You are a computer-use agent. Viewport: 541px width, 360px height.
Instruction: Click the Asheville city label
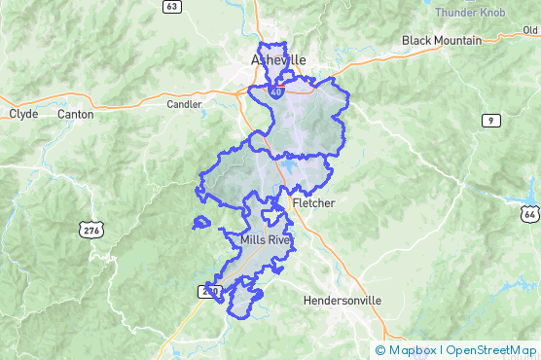[x=277, y=59]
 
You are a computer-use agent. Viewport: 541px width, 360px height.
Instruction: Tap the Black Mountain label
[x=442, y=40]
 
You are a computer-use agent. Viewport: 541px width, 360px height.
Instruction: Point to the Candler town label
[x=184, y=104]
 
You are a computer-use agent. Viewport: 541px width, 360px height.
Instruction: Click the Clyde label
[x=23, y=114]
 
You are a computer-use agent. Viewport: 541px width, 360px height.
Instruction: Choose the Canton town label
[x=76, y=114]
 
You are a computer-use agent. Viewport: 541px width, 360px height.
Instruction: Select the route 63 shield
[x=172, y=6]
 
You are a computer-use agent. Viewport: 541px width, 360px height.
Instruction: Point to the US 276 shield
[x=90, y=230]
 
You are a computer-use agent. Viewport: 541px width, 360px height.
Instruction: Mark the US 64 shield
[x=529, y=213]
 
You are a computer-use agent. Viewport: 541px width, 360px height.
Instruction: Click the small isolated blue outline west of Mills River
[x=201, y=223]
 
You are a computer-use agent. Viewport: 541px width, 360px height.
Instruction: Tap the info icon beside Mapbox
[x=379, y=349]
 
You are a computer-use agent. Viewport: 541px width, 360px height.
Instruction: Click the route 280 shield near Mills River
[x=208, y=291]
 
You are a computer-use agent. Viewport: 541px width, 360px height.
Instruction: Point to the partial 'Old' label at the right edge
[x=530, y=30]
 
